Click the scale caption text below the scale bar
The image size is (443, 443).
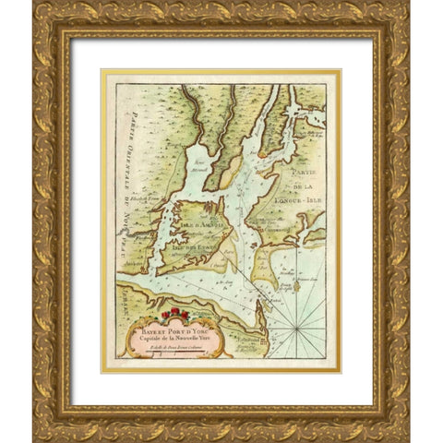(160, 343)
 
